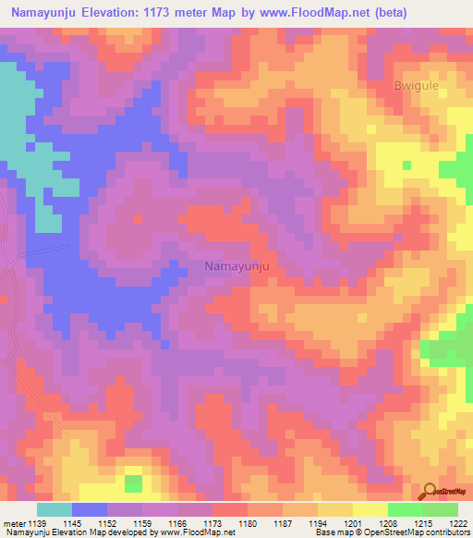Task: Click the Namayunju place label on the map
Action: [x=236, y=266]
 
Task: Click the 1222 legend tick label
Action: [x=455, y=522]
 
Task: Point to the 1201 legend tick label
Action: [x=351, y=522]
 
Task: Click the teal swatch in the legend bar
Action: [x=55, y=509]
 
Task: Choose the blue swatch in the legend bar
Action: [x=90, y=509]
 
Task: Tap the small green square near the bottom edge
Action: [x=134, y=483]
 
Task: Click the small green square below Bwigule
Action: [x=406, y=165]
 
